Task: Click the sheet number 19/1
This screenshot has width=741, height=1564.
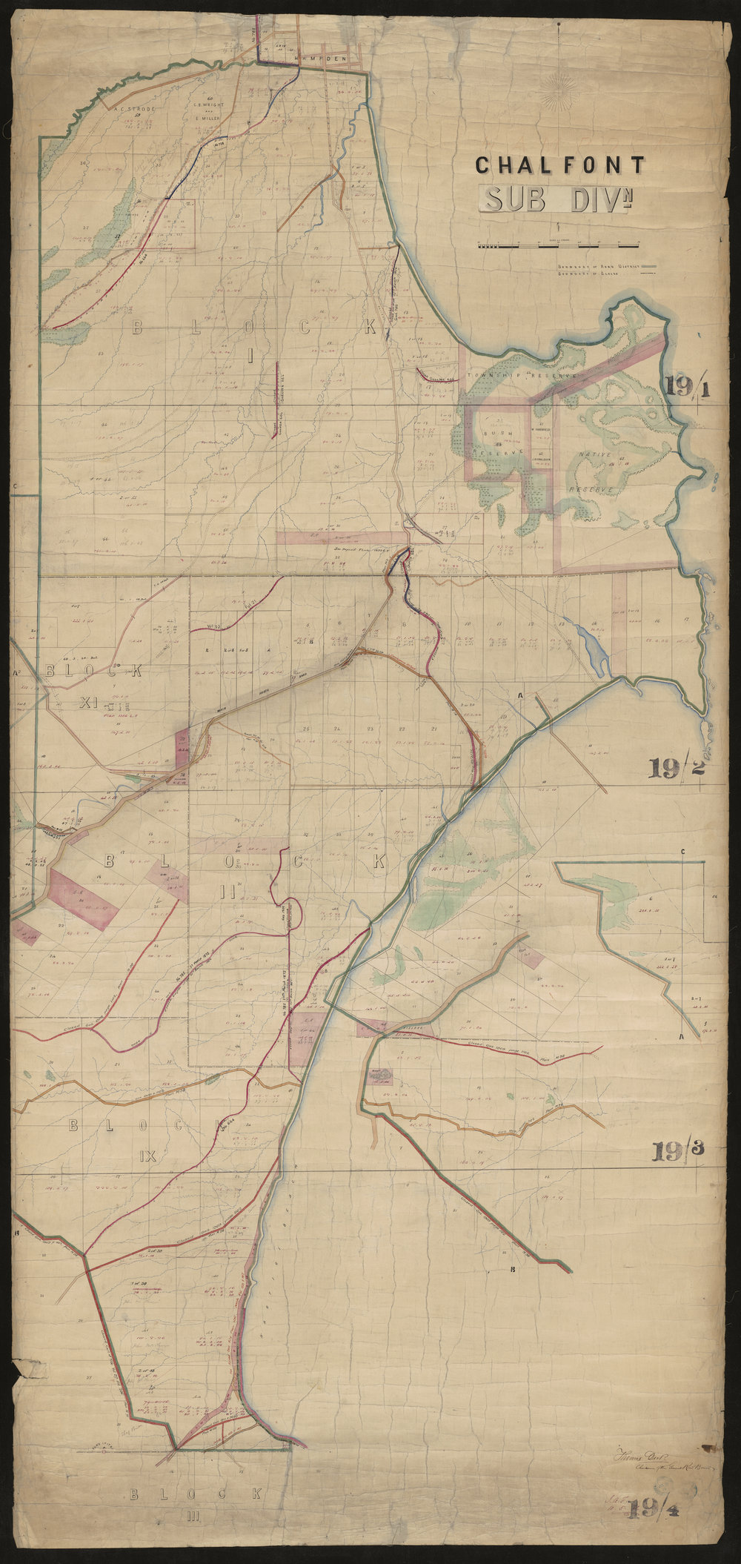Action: tap(687, 385)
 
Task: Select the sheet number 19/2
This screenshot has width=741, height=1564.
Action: tap(675, 769)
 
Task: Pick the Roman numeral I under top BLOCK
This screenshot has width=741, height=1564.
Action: tap(250, 355)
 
